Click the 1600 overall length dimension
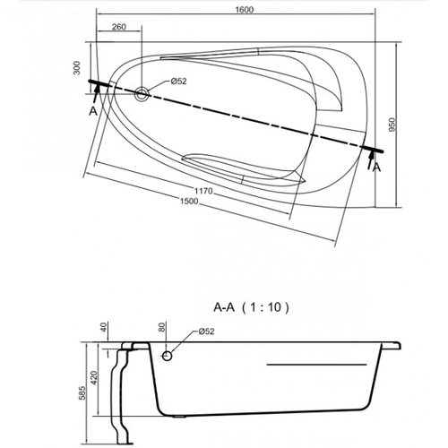[244, 10]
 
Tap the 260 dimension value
[119, 27]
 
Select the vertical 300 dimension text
[77, 68]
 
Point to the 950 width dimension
[392, 125]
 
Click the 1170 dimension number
[203, 191]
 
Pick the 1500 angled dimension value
[189, 202]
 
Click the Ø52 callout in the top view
[178, 81]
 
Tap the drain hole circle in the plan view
[142, 94]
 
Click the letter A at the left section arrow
[93, 111]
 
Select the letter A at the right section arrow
[377, 168]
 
